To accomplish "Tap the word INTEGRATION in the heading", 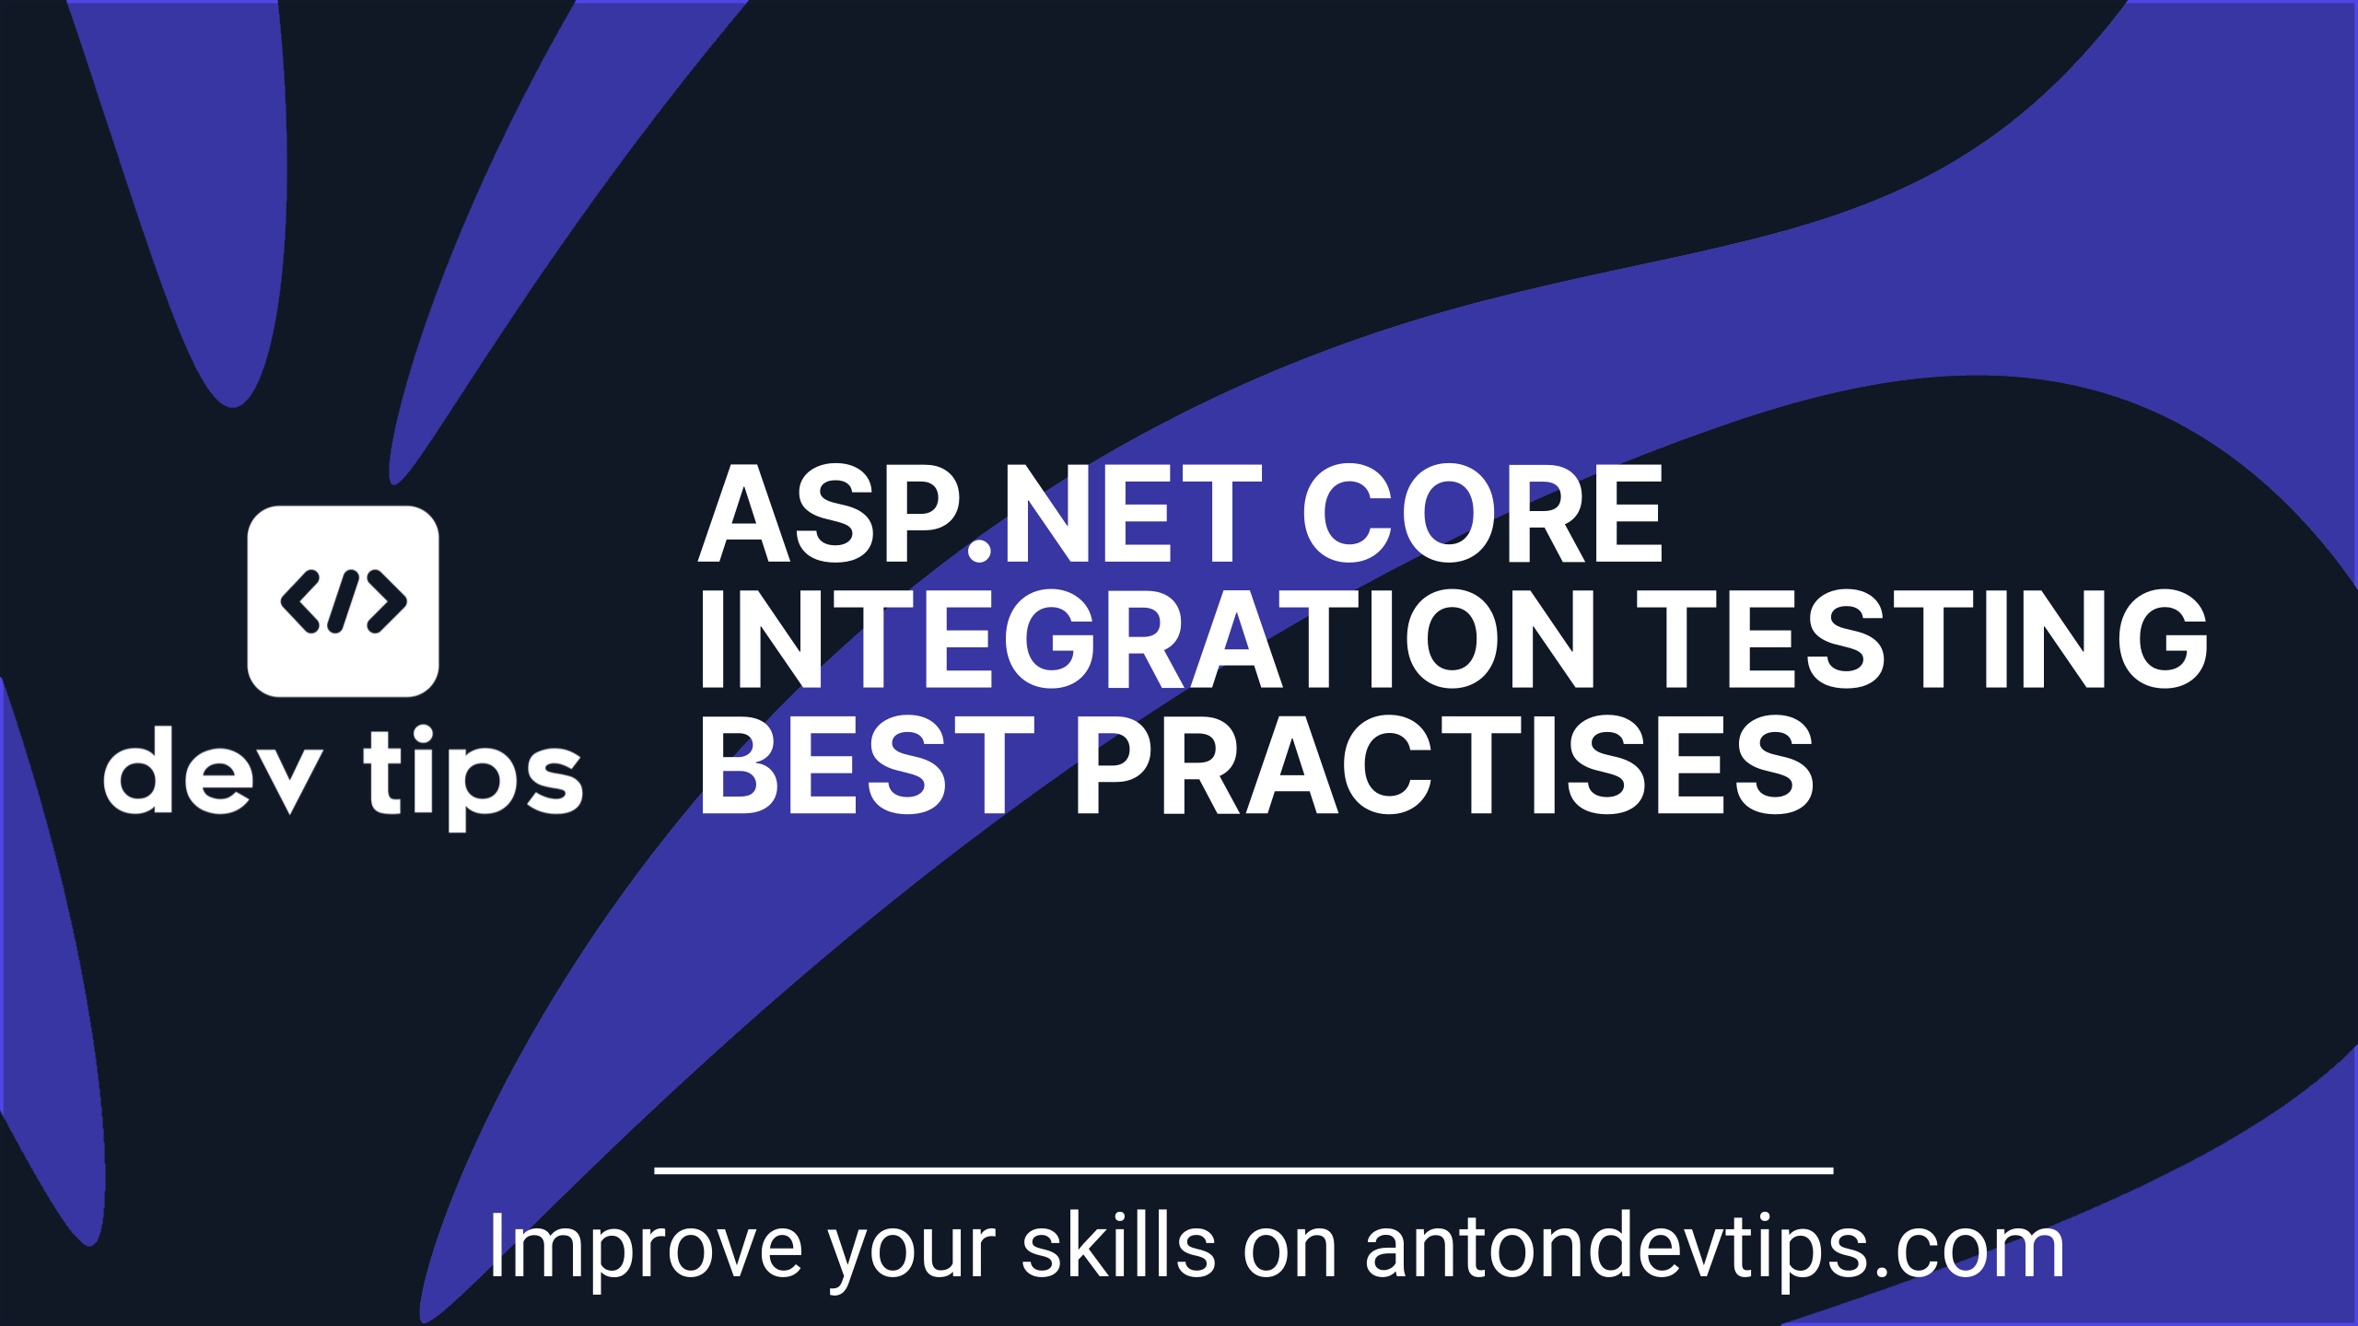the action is tap(1148, 639).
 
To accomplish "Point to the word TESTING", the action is tap(1922, 639).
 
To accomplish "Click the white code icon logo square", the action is tap(343, 601).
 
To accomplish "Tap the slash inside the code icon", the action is tap(343, 601).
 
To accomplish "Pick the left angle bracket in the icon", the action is tap(300, 601).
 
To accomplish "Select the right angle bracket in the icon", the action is tap(386, 601).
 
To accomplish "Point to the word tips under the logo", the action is tap(473, 778).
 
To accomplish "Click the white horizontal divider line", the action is tap(1243, 1170).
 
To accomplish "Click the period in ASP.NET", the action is tap(980, 551).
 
